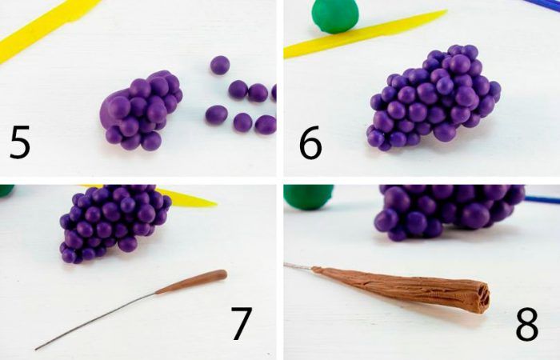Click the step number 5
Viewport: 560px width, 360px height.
pos(20,142)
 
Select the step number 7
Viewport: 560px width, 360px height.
pos(242,323)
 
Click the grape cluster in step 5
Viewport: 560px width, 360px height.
pos(142,110)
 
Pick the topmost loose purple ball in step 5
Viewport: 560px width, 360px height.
pos(220,65)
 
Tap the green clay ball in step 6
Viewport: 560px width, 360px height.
pos(335,16)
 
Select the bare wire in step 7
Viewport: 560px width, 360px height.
pos(96,321)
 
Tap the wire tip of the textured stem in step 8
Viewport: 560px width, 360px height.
pos(286,265)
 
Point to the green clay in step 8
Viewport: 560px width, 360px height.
pos(309,196)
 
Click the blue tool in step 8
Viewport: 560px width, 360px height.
pos(542,199)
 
